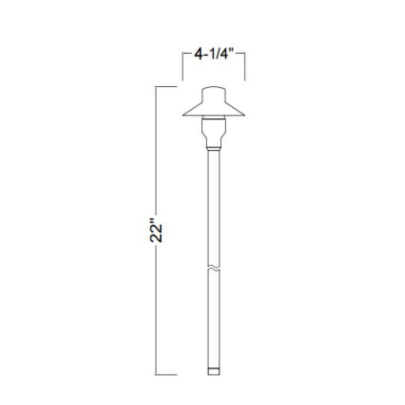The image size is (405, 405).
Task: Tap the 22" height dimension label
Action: pyautogui.click(x=156, y=233)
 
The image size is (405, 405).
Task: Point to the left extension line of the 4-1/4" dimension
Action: pyautogui.click(x=182, y=66)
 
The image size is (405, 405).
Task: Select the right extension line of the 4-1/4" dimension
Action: pyautogui.click(x=245, y=66)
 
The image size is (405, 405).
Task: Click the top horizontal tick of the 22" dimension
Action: pyautogui.click(x=166, y=86)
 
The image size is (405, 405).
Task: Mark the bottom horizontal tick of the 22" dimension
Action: pyautogui.click(x=166, y=375)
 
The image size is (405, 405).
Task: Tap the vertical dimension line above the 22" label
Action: pyautogui.click(x=156, y=150)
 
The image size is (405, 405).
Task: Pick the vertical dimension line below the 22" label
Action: pyautogui.click(x=156, y=309)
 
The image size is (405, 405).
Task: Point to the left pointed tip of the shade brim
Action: pyautogui.click(x=184, y=115)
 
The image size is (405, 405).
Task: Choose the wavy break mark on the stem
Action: pyautogui.click(x=214, y=267)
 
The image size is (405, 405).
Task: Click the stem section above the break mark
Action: pyautogui.click(x=214, y=205)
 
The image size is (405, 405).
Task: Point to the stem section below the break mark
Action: pyautogui.click(x=214, y=319)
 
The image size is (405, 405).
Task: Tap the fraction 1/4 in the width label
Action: pyautogui.click(x=223, y=54)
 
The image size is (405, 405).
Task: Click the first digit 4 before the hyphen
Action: pyautogui.click(x=198, y=54)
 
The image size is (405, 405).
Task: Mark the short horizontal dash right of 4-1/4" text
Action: pyautogui.click(x=242, y=53)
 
